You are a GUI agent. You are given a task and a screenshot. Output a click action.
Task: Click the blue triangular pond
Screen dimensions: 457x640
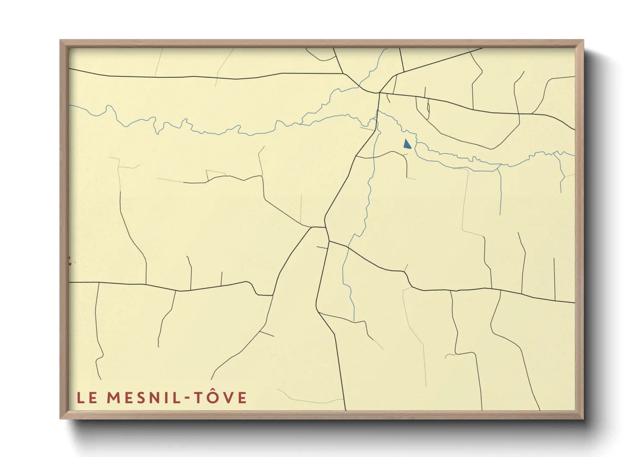pos(407,144)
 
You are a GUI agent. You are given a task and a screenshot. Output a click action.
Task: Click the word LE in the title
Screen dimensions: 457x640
pos(87,398)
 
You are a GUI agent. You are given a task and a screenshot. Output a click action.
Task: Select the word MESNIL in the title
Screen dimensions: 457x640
pos(143,398)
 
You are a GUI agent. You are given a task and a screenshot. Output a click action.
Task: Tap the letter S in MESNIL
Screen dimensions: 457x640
pos(139,398)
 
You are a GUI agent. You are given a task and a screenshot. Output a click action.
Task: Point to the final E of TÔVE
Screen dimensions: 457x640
pos(242,398)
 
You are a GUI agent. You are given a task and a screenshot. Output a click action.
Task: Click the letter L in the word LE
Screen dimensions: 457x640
pos(81,398)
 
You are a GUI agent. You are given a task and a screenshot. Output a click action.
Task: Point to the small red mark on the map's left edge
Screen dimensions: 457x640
pos(69,260)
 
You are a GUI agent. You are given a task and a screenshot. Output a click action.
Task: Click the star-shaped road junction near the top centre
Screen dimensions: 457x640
pos(379,92)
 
